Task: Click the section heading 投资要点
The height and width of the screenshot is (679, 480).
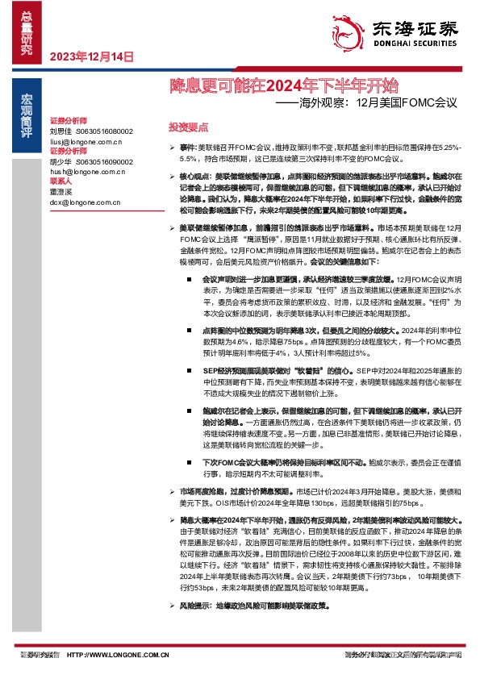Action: click(x=188, y=127)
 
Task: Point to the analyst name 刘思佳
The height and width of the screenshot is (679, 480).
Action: click(x=61, y=130)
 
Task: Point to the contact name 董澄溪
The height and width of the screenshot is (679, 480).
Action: click(x=61, y=193)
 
